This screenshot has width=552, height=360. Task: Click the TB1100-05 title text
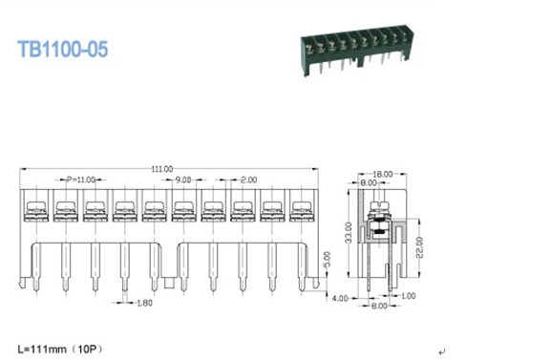click(x=63, y=49)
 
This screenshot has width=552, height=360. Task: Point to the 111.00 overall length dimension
click(x=162, y=169)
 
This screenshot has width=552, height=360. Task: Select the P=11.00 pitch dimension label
click(x=82, y=180)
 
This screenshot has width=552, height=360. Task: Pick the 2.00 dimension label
click(x=247, y=180)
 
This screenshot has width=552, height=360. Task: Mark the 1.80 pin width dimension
click(x=143, y=304)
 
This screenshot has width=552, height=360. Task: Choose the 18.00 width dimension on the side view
click(x=383, y=174)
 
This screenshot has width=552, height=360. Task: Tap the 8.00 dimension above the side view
click(x=369, y=183)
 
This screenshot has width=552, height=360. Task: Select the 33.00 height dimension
click(x=349, y=232)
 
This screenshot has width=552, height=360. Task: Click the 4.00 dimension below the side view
click(x=341, y=298)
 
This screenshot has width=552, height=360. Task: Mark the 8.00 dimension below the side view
click(x=379, y=307)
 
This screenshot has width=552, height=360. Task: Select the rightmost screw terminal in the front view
click(x=302, y=208)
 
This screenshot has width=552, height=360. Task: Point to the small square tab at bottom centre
click(x=169, y=283)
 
